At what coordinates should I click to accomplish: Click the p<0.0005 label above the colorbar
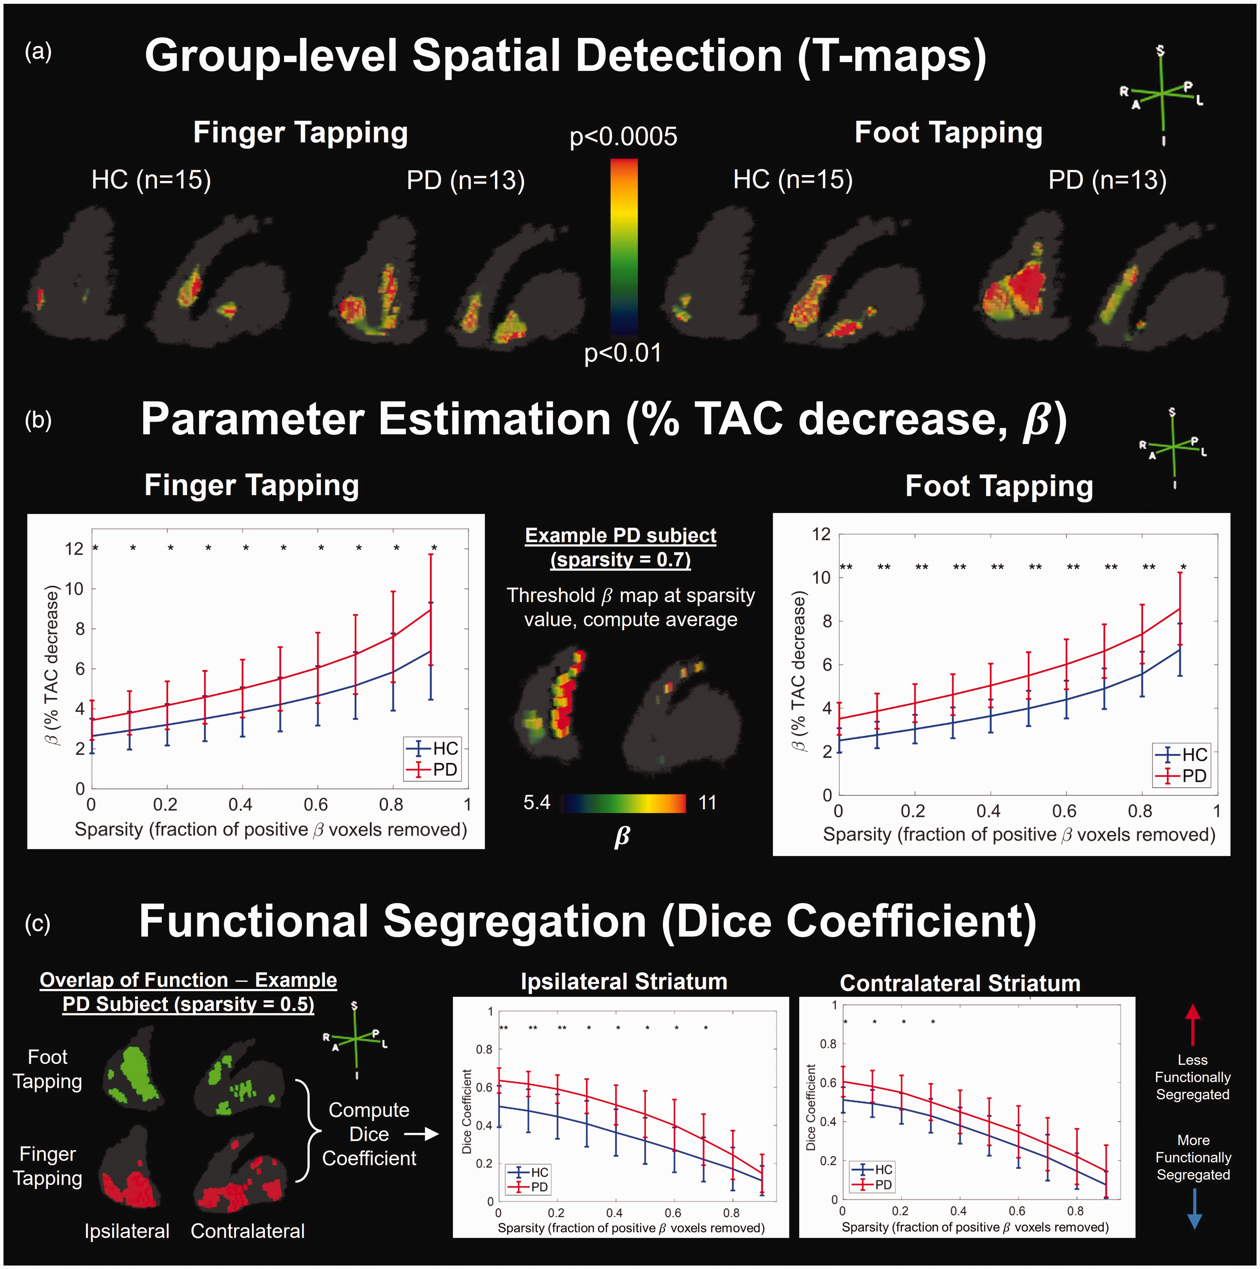[x=623, y=137]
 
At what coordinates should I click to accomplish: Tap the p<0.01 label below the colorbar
[x=623, y=353]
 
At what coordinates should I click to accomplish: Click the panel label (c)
[x=38, y=923]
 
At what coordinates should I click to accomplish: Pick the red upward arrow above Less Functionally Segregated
[x=1192, y=1025]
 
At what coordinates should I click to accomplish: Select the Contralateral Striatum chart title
[x=960, y=983]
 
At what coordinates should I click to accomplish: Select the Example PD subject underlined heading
[x=621, y=547]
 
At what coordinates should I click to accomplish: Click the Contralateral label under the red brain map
[x=247, y=1231]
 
